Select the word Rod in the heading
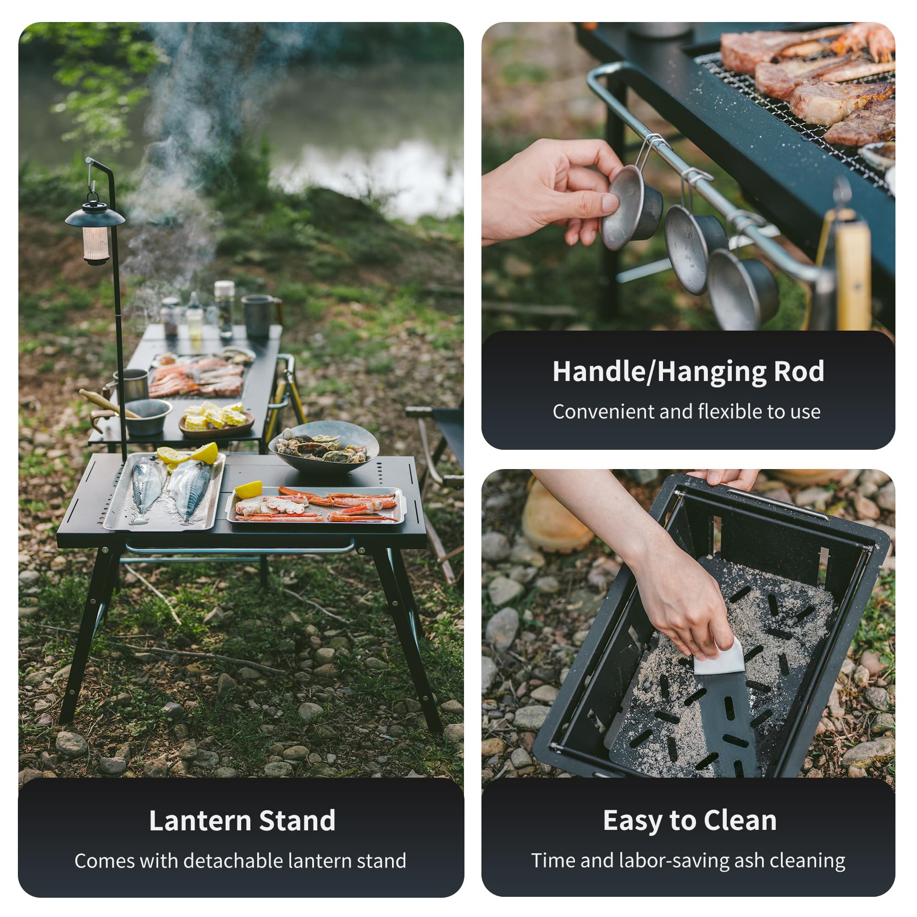pyautogui.click(x=799, y=371)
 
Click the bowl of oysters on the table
pyautogui.click(x=324, y=447)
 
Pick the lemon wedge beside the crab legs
pyautogui.click(x=249, y=489)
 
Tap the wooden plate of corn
pyautogui.click(x=216, y=420)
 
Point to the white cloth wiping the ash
pyautogui.click(x=719, y=658)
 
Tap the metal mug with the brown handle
pyautogui.click(x=261, y=315)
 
